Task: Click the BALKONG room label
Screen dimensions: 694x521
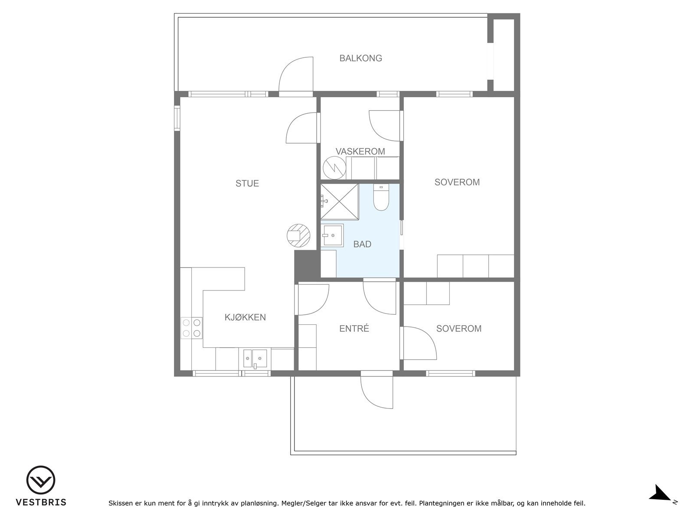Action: [x=360, y=58]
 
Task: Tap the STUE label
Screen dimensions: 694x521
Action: [x=247, y=184]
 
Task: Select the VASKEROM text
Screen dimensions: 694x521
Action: [x=360, y=152]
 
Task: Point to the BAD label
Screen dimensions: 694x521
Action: [x=362, y=244]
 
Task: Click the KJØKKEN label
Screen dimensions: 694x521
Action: [x=245, y=317]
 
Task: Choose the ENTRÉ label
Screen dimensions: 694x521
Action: [x=354, y=329]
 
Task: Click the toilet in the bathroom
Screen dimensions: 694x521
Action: [x=381, y=198]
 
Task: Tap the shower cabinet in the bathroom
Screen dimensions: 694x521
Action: [x=340, y=202]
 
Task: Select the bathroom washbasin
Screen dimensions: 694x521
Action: [x=332, y=235]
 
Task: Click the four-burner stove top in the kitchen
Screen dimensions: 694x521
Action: [x=192, y=328]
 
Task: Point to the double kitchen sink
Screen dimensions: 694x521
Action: [x=255, y=359]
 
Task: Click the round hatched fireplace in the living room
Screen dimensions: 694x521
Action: [x=298, y=236]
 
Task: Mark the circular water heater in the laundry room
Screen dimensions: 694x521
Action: [x=334, y=168]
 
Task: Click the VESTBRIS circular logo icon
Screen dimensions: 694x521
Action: [x=41, y=480]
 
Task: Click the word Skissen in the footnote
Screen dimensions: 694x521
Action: [x=121, y=503]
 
